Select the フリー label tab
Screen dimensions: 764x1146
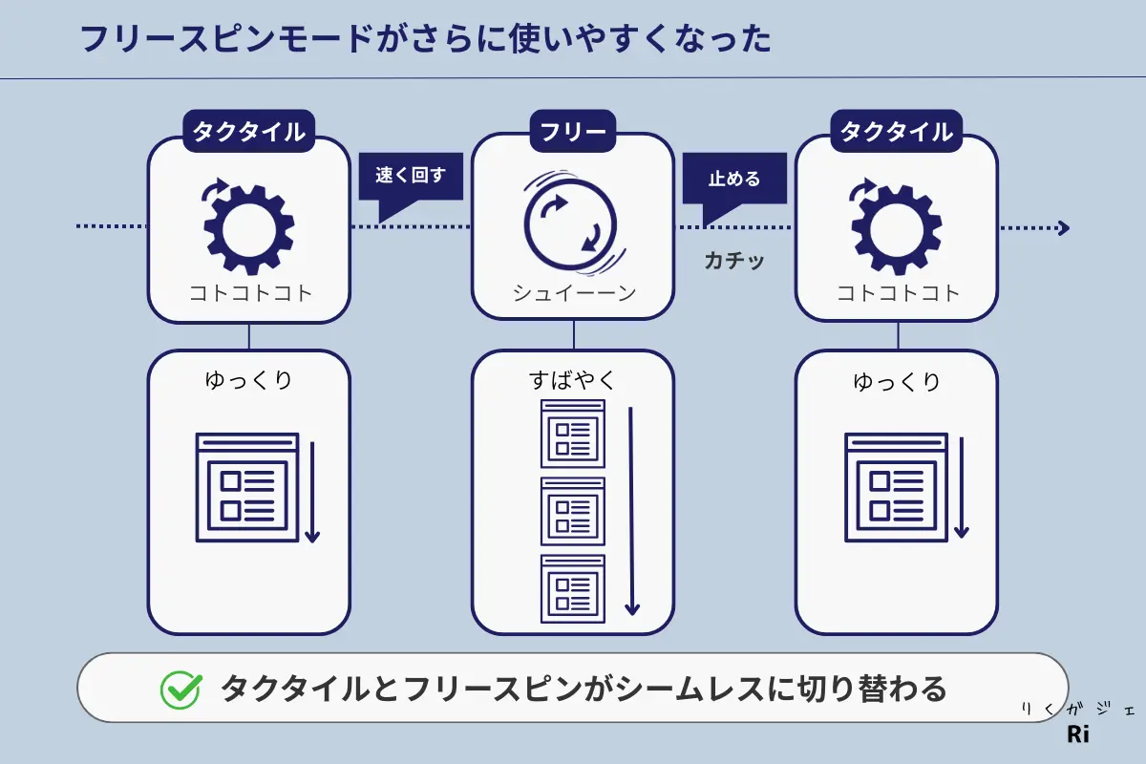pyautogui.click(x=573, y=132)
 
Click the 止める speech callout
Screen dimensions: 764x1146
pyautogui.click(x=733, y=178)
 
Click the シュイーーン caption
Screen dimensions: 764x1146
pyautogui.click(x=574, y=293)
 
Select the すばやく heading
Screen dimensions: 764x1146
pyautogui.click(x=573, y=380)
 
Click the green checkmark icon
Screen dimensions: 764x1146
pyautogui.click(x=180, y=689)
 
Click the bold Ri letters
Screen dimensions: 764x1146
pyautogui.click(x=1077, y=735)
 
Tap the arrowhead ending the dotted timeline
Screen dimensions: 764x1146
pyautogui.click(x=1063, y=228)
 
